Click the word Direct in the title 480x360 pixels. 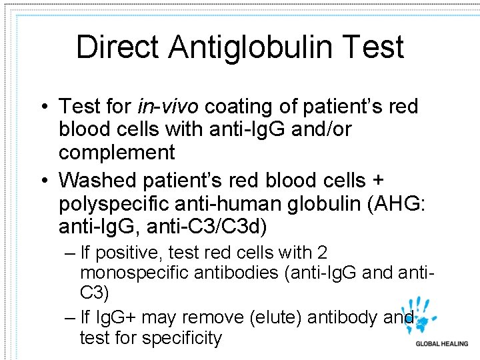click(118, 47)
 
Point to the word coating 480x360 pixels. click(237, 106)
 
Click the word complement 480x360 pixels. click(117, 153)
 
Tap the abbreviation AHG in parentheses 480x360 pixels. click(391, 203)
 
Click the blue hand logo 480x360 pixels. click(424, 317)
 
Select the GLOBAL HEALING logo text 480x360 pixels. click(442, 344)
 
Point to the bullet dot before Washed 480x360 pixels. click(44, 181)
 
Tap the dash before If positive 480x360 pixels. click(70, 253)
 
